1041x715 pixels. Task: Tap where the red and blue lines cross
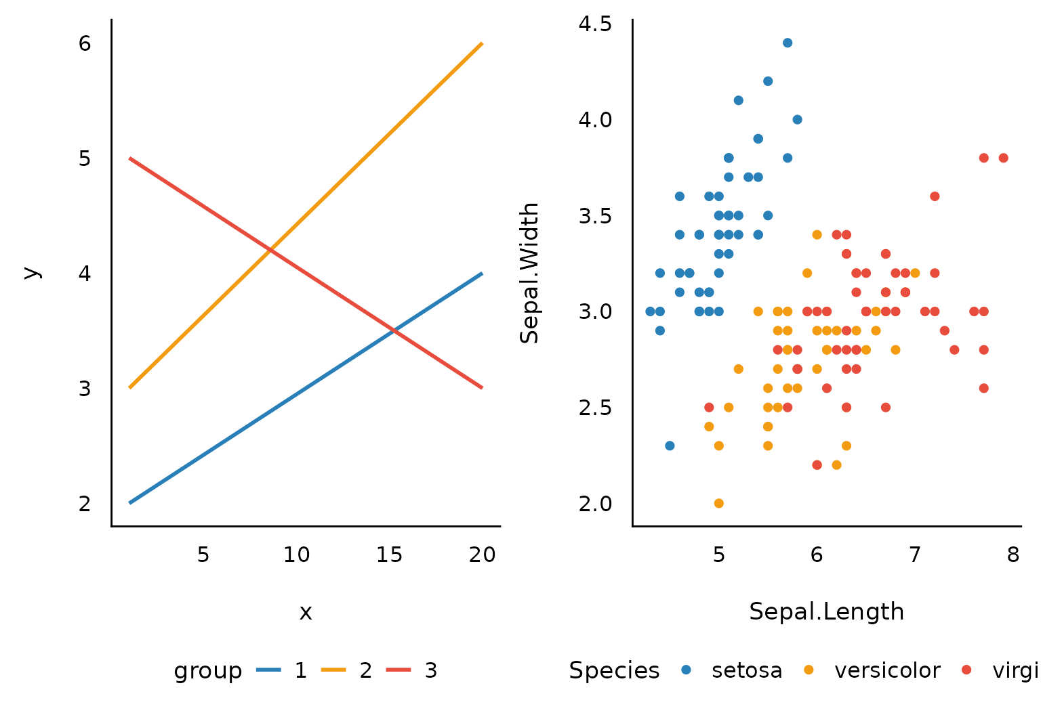pyautogui.click(x=394, y=330)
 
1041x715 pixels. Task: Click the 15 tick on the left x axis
pyautogui.click(x=389, y=555)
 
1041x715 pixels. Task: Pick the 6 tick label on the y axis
pyautogui.click(x=85, y=43)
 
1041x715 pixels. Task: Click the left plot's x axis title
pyautogui.click(x=306, y=612)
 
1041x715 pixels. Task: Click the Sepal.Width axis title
pyautogui.click(x=529, y=272)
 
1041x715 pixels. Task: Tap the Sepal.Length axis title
pyautogui.click(x=826, y=611)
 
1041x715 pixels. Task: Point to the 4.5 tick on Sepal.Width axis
pyautogui.click(x=595, y=24)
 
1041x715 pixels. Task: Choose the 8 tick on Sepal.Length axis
pyautogui.click(x=1013, y=555)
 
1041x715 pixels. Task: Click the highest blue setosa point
pyautogui.click(x=787, y=43)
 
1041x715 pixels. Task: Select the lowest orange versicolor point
pyautogui.click(x=718, y=503)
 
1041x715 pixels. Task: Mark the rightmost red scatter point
pyautogui.click(x=1003, y=158)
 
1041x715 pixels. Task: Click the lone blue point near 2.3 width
pyautogui.click(x=670, y=446)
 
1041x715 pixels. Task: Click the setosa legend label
pyautogui.click(x=747, y=670)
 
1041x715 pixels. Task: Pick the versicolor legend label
pyautogui.click(x=887, y=670)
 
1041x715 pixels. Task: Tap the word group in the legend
pyautogui.click(x=207, y=670)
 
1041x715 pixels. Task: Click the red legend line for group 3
pyautogui.click(x=399, y=670)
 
